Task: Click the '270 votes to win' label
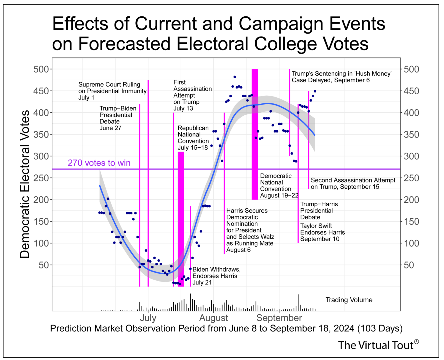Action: (99, 163)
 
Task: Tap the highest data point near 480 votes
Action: (235, 77)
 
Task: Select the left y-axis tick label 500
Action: (41, 69)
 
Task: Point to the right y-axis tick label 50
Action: (409, 265)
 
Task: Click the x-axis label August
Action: (214, 318)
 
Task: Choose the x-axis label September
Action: (279, 318)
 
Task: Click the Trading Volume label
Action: (349, 300)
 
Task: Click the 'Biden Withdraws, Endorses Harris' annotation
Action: (216, 276)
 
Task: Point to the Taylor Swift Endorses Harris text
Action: (322, 232)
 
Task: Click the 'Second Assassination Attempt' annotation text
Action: (353, 183)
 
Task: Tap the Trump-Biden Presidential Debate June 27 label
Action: (118, 118)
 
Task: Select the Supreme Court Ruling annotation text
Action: (112, 91)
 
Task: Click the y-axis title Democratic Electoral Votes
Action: (25, 184)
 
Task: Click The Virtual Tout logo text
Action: (376, 345)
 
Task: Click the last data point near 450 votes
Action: (315, 91)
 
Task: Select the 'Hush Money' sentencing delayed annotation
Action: (341, 77)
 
